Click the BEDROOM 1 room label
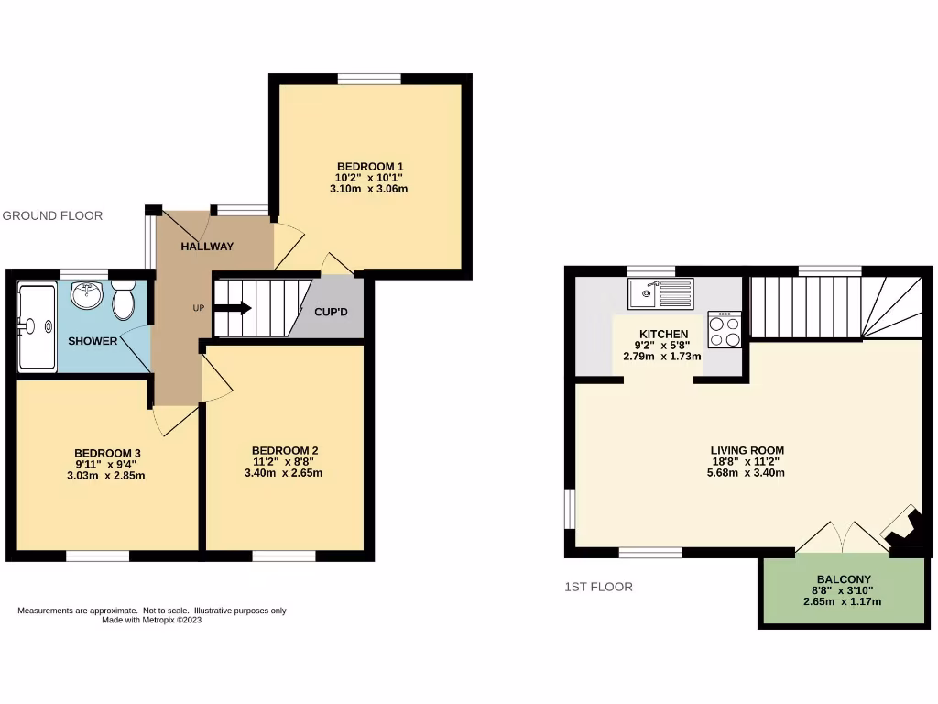[x=371, y=166]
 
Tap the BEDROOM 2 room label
[x=285, y=450]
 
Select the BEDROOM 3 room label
[x=107, y=453]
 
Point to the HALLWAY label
[x=207, y=247]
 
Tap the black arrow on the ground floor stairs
[x=233, y=308]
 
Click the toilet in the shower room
[x=124, y=299]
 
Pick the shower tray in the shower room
[x=37, y=325]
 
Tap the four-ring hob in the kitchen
[x=724, y=329]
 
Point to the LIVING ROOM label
[x=747, y=450]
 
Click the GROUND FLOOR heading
[x=52, y=215]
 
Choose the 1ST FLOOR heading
[x=598, y=587]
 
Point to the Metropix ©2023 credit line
[x=152, y=620]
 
